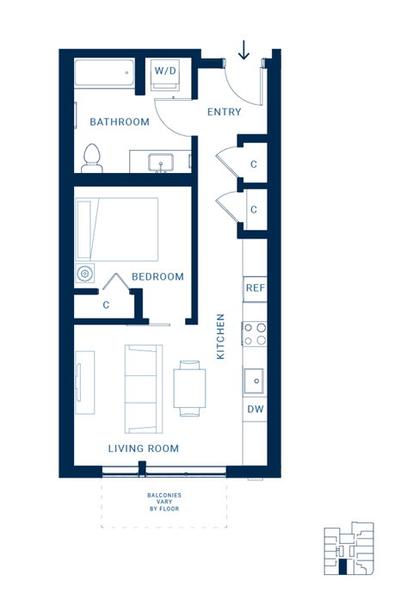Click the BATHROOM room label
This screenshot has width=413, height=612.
point(120,122)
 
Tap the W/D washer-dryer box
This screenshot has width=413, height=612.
point(164,74)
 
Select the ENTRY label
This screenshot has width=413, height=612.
point(225,112)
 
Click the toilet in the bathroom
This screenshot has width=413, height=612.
point(92,158)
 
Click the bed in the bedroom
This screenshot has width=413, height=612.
point(117,228)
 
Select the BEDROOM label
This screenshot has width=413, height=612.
point(157,277)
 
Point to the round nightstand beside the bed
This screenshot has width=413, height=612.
point(84,275)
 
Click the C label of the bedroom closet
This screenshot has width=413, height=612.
point(106,305)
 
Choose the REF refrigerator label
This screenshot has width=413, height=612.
point(255,288)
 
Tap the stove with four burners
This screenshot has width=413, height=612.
point(255,333)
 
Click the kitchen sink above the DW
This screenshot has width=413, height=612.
point(255,380)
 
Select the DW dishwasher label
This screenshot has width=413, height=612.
point(255,410)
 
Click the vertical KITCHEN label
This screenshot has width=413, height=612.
point(221,336)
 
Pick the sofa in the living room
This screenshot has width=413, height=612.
point(143,388)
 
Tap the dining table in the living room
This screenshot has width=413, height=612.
point(189,388)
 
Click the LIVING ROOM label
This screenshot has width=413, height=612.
point(144,448)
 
